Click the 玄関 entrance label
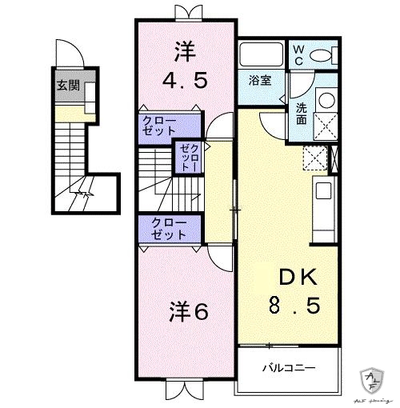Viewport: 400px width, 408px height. (67, 86)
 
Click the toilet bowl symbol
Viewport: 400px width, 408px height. (321, 55)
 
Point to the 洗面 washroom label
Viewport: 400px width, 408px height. (301, 114)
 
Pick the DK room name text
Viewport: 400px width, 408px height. (298, 278)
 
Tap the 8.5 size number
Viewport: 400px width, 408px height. (298, 306)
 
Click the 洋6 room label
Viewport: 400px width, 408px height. (189, 312)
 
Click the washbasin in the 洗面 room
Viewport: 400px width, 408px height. (326, 100)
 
